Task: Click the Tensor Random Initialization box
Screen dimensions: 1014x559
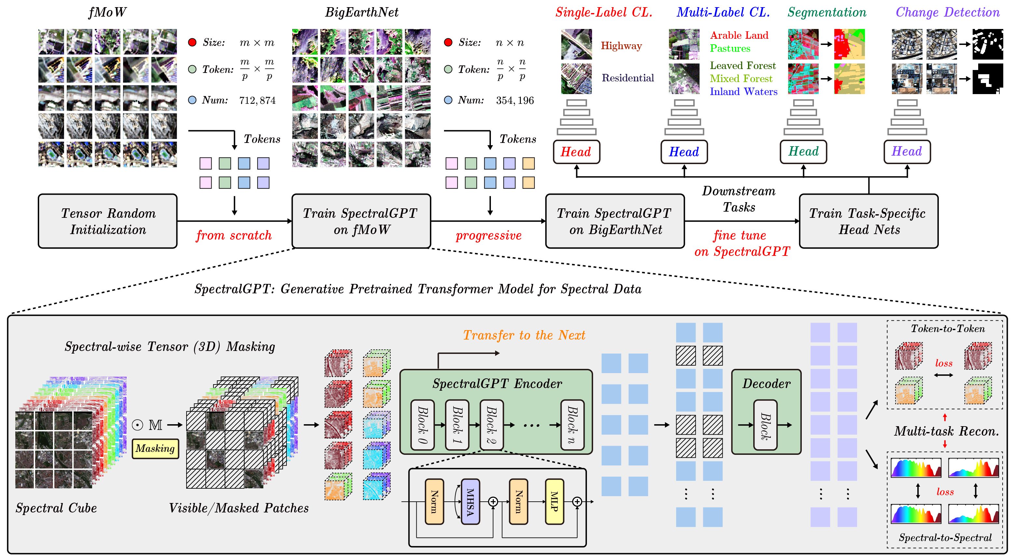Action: pyautogui.click(x=108, y=221)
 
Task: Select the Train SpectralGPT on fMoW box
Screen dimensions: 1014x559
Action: pyautogui.click(x=361, y=221)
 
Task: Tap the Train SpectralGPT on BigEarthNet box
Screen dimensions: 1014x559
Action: pyautogui.click(x=615, y=221)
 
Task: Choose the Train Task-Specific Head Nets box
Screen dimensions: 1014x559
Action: pyautogui.click(x=869, y=221)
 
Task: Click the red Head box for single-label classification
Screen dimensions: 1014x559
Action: pyautogui.click(x=576, y=152)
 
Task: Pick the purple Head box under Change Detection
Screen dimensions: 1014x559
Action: pyautogui.click(x=907, y=152)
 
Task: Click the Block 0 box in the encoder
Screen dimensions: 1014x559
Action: pyautogui.click(x=423, y=425)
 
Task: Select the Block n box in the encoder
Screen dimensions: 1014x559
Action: pyautogui.click(x=572, y=425)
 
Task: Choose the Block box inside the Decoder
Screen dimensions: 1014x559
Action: pyautogui.click(x=765, y=425)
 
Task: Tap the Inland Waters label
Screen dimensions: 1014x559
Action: pyautogui.click(x=743, y=92)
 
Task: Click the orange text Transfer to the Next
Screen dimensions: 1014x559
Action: pyautogui.click(x=524, y=335)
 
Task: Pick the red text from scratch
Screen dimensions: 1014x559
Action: pyautogui.click(x=234, y=235)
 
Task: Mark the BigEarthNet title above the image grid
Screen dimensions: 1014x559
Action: pyautogui.click(x=361, y=12)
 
